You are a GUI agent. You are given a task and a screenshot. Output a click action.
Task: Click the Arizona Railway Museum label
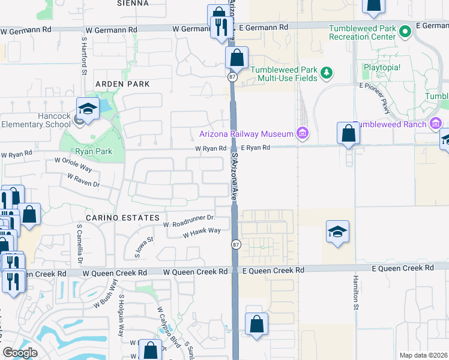click(246, 133)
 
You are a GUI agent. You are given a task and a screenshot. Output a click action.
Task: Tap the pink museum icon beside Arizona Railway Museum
click(302, 133)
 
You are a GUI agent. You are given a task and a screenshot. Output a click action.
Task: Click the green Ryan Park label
click(94, 152)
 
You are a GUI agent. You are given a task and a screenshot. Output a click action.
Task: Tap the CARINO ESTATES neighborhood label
click(123, 217)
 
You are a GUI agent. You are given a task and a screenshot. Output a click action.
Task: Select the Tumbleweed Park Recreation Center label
click(362, 32)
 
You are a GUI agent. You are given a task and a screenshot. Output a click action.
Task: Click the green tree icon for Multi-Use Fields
click(327, 73)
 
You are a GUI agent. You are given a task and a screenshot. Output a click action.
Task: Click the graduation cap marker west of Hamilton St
click(337, 232)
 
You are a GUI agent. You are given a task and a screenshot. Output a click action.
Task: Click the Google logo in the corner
click(20, 353)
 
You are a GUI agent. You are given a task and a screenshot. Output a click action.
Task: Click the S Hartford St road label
click(83, 53)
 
